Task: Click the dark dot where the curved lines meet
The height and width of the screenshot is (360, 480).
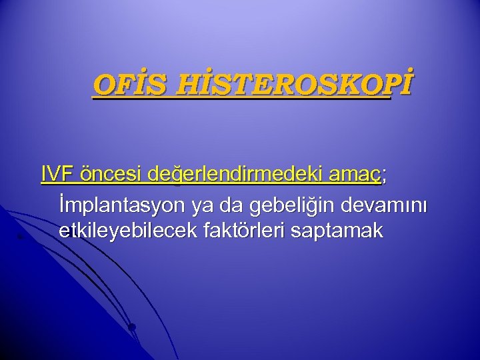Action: point(132,327)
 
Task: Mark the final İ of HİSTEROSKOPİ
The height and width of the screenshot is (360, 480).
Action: point(405,85)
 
